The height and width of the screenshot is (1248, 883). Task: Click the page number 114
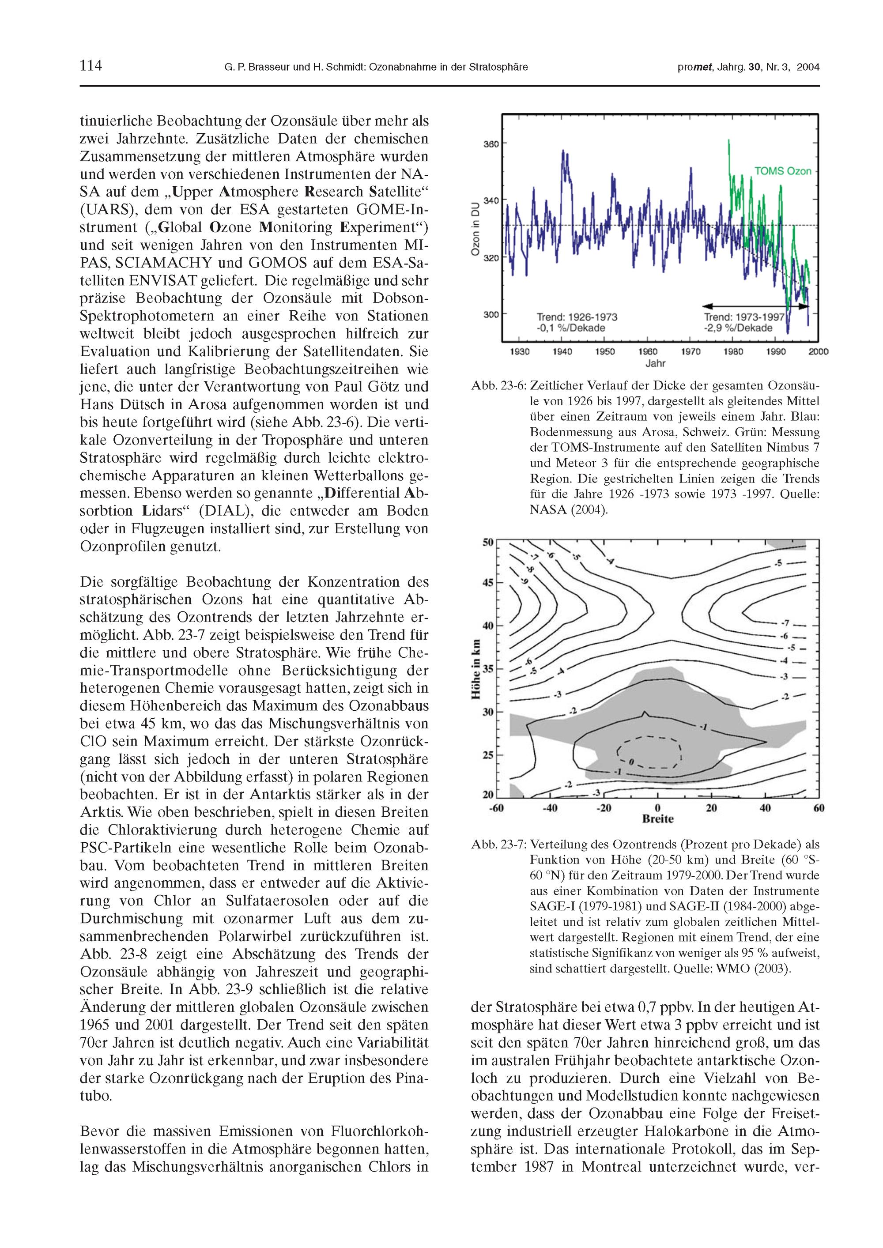point(91,66)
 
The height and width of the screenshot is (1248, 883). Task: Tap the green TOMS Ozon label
point(782,171)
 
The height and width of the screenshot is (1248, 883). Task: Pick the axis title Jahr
point(655,363)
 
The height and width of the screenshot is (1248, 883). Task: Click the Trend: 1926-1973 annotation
point(577,317)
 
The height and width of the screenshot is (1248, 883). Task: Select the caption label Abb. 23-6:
point(498,386)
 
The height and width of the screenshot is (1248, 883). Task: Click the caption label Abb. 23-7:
point(498,845)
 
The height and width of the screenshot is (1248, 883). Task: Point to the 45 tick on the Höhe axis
point(489,583)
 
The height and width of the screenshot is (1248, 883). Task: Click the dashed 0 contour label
point(631,762)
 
